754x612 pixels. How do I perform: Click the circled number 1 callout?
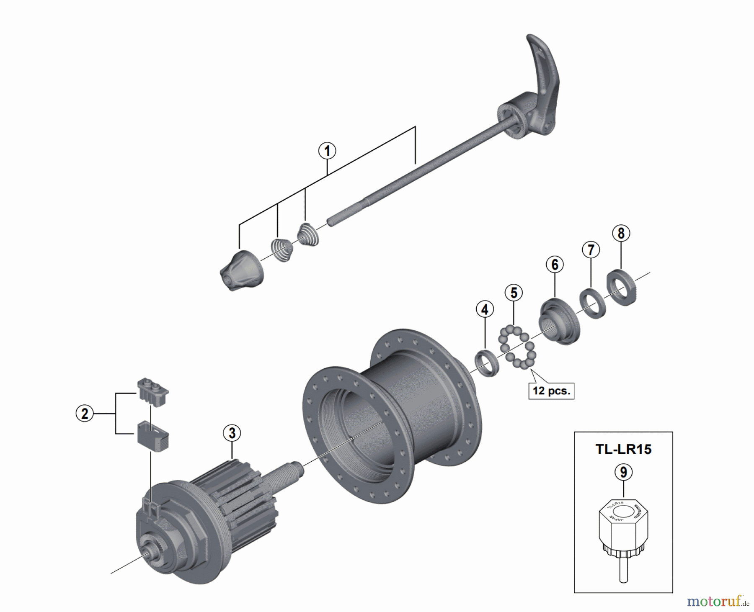tap(327, 151)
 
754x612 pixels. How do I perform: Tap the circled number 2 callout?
tap(85, 414)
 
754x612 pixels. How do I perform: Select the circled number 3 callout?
tap(232, 433)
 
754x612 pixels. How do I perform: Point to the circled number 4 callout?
tap(485, 310)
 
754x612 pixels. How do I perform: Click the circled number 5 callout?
tap(514, 293)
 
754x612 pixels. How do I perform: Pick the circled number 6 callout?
tap(555, 265)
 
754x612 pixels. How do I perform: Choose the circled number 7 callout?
tap(591, 250)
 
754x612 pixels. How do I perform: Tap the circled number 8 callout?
tap(621, 233)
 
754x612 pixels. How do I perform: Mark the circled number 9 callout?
tap(623, 472)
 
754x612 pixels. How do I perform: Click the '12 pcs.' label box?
tap(551, 391)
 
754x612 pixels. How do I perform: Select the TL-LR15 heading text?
tap(623, 449)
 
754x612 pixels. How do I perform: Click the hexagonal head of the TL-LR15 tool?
tap(623, 521)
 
